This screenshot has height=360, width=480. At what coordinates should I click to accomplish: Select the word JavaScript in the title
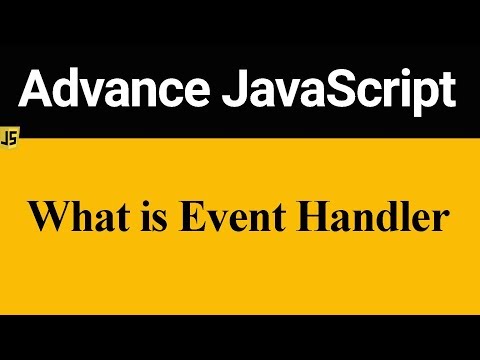(340, 92)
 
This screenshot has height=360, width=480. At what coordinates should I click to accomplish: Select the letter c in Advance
(166, 95)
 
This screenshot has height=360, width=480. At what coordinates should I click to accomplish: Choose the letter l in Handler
(398, 217)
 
